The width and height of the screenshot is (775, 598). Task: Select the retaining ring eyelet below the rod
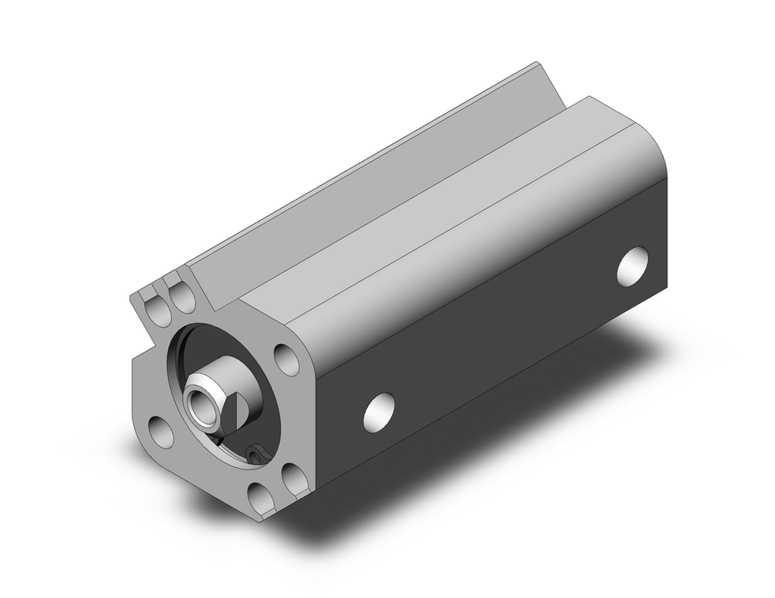pos(255,453)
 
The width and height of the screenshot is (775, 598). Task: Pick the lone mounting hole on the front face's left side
pos(161,431)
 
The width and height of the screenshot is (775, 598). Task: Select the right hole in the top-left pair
pos(183,299)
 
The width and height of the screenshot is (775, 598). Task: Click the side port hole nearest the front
pos(379,411)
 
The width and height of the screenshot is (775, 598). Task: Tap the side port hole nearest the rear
pos(633,266)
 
